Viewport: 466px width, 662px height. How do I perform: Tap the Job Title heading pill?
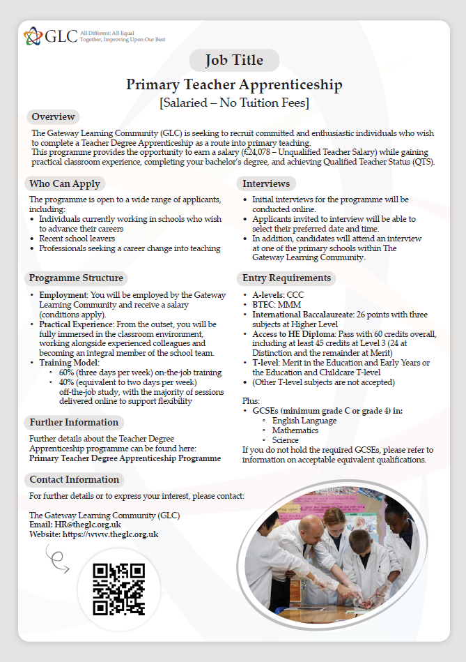click(x=234, y=61)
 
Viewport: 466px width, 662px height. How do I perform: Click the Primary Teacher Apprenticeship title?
click(x=234, y=85)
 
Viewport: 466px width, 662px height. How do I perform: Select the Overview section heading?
click(x=53, y=116)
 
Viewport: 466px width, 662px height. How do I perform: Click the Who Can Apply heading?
click(x=65, y=184)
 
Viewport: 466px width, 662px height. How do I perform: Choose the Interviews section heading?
click(x=266, y=184)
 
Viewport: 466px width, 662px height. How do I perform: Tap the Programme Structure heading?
click(x=76, y=278)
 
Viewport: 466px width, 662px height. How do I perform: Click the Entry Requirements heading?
click(x=286, y=278)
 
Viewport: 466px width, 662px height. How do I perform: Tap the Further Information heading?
click(x=74, y=422)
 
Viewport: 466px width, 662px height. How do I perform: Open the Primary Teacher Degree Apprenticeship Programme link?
click(x=125, y=458)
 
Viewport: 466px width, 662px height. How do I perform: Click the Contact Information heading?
click(x=74, y=479)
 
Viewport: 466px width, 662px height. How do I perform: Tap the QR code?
click(x=119, y=589)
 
